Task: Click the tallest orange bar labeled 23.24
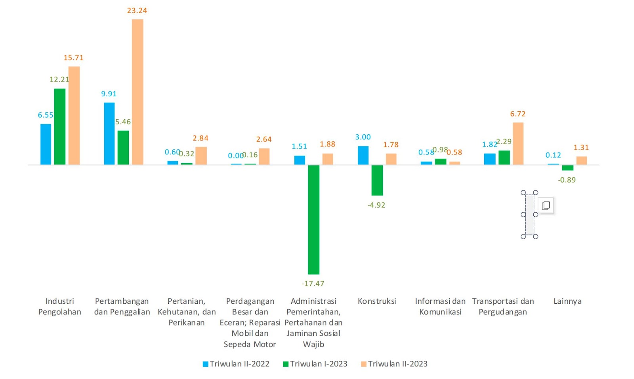(137, 92)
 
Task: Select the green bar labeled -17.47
(313, 219)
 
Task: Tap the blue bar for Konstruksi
(363, 155)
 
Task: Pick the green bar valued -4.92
(377, 180)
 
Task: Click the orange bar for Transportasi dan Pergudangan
(518, 143)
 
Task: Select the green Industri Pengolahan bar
(60, 126)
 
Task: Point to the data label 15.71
(74, 58)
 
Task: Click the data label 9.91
(109, 93)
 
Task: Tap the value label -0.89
(567, 180)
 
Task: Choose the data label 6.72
(518, 114)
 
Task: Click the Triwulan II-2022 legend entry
(236, 364)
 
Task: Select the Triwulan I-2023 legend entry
(315, 364)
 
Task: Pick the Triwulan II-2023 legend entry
(394, 364)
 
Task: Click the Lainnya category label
(567, 301)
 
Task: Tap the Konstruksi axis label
(377, 301)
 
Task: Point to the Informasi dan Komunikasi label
(440, 306)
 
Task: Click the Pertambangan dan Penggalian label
(122, 307)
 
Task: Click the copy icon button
(546, 205)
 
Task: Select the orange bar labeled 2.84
(201, 156)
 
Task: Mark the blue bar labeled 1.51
(300, 160)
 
